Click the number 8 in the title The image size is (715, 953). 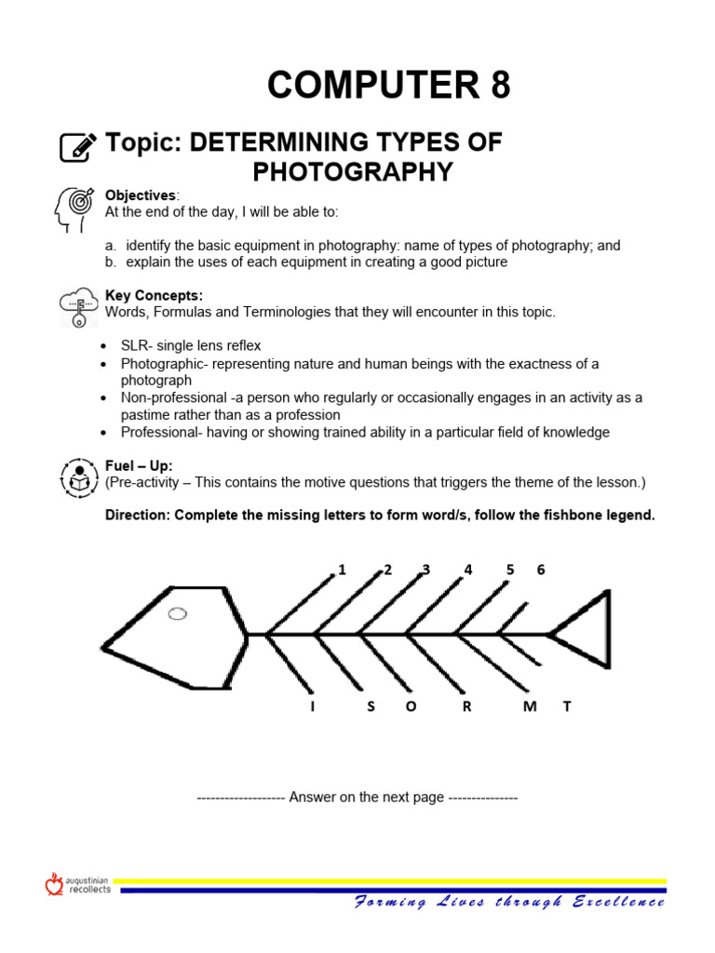(x=497, y=86)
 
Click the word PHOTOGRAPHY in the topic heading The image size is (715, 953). (x=353, y=172)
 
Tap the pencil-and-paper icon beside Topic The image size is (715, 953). (x=78, y=147)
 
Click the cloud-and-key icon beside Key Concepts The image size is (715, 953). (x=77, y=306)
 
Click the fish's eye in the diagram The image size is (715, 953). (x=177, y=613)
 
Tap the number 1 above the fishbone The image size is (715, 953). (x=342, y=570)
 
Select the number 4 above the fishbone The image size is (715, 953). (x=468, y=570)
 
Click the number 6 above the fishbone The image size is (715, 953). (x=540, y=570)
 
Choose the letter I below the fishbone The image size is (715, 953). (x=313, y=706)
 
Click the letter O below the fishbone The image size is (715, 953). (x=411, y=706)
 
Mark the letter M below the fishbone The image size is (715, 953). (x=530, y=706)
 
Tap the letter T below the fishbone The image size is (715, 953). (x=565, y=706)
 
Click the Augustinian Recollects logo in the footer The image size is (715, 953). (x=78, y=884)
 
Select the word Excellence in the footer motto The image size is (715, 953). (x=618, y=902)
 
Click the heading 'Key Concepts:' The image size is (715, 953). (x=154, y=296)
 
